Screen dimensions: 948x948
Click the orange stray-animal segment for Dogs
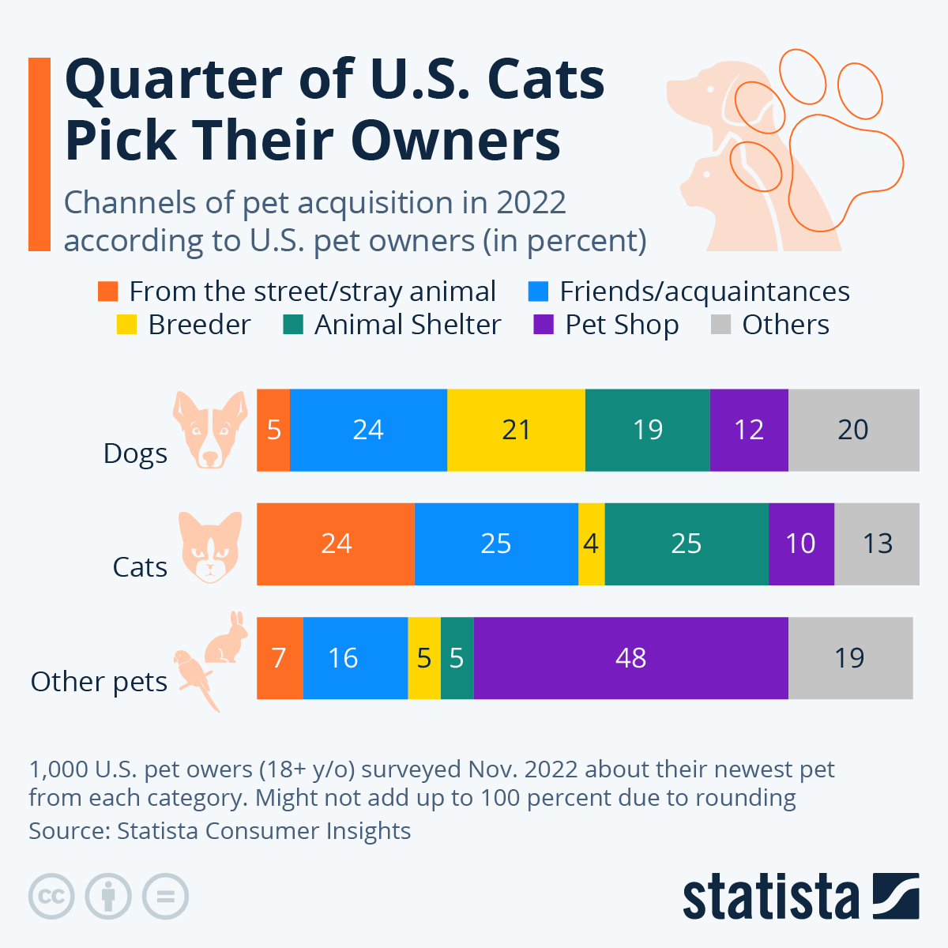coord(273,430)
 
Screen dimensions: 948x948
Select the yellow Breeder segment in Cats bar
coord(591,544)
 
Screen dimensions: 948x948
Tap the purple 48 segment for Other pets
coord(630,658)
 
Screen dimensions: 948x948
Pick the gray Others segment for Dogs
coord(853,430)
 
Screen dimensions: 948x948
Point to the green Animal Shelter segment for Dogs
coord(647,430)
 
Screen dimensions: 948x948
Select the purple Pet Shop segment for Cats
coord(800,544)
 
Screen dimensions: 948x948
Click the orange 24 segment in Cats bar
coord(336,544)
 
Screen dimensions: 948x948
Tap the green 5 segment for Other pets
coord(457,658)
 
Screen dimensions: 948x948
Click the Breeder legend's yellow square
coord(126,325)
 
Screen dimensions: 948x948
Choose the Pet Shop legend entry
coord(622,325)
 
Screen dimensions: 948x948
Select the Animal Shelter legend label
coord(407,325)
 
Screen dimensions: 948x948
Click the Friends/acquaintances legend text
coord(704,292)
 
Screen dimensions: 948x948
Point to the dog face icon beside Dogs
coord(210,430)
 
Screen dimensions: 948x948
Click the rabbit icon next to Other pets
coord(227,638)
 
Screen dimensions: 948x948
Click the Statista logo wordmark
coord(770,897)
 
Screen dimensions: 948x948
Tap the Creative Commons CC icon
coord(51,897)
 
